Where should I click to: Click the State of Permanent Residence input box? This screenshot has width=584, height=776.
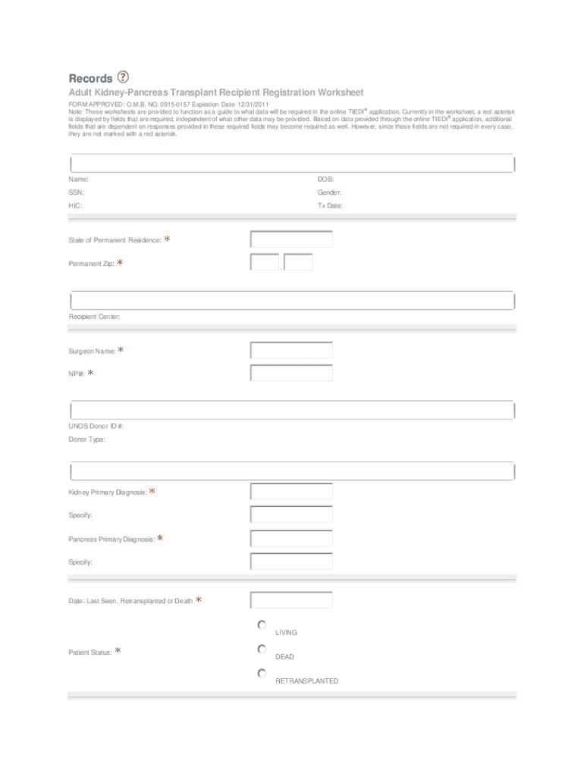pos(291,239)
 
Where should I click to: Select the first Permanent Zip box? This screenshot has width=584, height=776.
pos(265,262)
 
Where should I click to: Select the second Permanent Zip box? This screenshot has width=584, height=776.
pos(298,262)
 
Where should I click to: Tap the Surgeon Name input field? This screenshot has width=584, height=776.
pos(291,350)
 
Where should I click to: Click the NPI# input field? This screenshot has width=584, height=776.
pos(291,373)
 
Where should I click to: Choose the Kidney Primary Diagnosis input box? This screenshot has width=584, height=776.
pos(291,492)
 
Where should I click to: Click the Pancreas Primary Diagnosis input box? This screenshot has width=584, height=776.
pos(291,539)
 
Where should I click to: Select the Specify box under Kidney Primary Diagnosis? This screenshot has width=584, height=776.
pos(291,515)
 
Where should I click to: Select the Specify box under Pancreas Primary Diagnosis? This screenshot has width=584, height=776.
pos(291,562)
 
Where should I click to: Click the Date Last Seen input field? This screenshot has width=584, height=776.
pos(291,600)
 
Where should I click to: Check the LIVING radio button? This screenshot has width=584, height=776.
pos(262,625)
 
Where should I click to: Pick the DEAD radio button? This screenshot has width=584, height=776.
pos(262,649)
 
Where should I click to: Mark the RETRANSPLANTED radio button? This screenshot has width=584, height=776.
pos(262,673)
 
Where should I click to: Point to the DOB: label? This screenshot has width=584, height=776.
pos(325,180)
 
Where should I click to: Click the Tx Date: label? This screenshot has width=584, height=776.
pos(330,205)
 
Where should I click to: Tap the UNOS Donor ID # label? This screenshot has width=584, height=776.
pos(96,426)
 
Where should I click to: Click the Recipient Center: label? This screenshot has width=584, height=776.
pos(94,317)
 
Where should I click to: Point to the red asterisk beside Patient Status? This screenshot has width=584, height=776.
pos(118,651)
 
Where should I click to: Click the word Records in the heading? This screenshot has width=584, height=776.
pos(90,78)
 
